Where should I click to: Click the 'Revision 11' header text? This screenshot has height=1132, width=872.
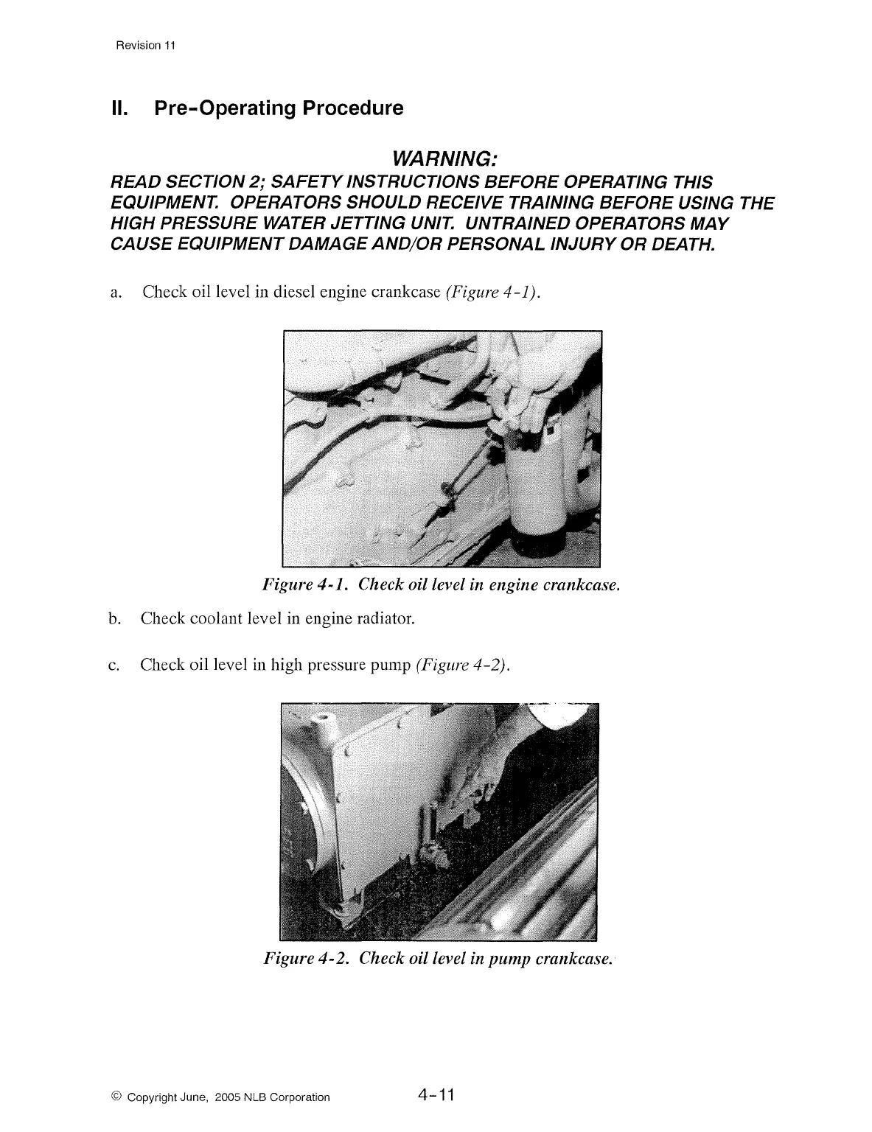click(x=146, y=45)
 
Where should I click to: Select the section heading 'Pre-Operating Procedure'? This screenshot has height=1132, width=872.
click(x=279, y=108)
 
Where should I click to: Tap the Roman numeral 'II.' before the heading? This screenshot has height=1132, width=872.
click(x=119, y=108)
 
